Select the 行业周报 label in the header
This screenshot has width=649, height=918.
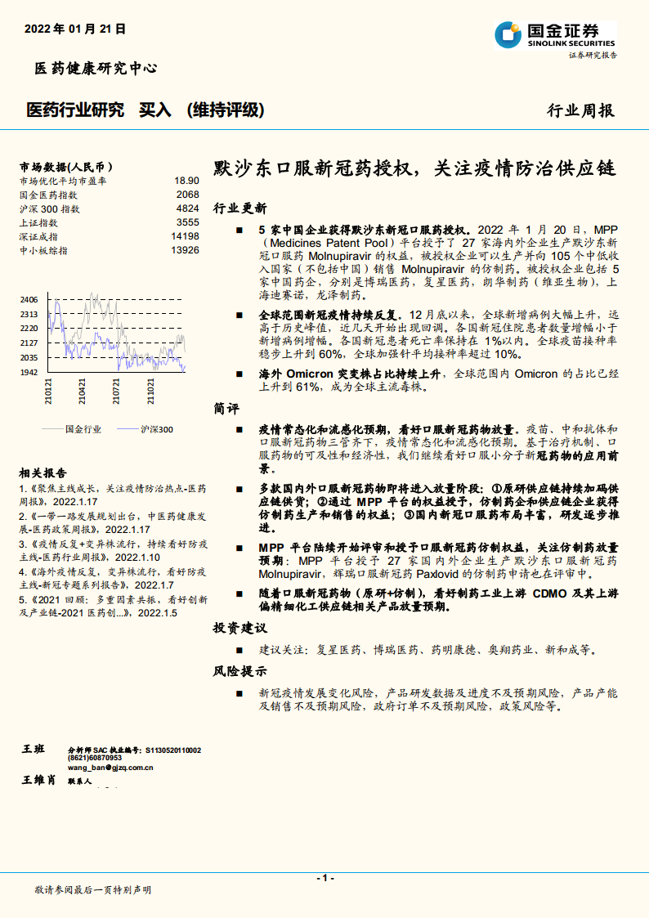tap(580, 111)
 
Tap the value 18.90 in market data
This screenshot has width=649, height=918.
tap(186, 181)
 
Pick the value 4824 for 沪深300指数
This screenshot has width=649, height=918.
tap(187, 208)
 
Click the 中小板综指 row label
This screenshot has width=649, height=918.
tap(43, 250)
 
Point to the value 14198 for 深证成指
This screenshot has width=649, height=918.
tap(185, 236)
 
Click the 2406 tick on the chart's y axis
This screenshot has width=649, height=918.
tap(29, 300)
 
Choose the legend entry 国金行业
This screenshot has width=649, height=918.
tap(83, 428)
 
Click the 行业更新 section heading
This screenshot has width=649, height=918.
tap(239, 208)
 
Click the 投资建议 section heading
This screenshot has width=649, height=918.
tap(239, 629)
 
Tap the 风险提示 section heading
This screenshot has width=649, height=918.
tap(239, 672)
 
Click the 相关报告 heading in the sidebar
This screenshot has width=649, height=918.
tap(43, 472)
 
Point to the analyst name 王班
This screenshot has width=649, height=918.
tap(34, 750)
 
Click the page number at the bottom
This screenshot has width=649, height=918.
tap(324, 878)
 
